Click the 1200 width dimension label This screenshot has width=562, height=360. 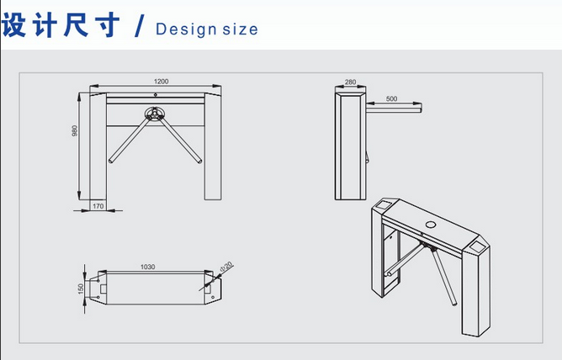[x=161, y=82]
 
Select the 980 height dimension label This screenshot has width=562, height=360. [x=75, y=130]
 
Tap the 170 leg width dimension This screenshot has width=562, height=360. [x=98, y=206]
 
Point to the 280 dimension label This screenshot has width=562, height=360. [x=350, y=82]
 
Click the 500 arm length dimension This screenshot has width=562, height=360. [x=392, y=98]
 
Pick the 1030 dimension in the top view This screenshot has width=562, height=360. [x=148, y=267]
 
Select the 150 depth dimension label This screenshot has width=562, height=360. [x=80, y=289]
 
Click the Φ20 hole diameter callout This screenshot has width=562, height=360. [x=226, y=267]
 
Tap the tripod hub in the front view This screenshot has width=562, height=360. [x=155, y=114]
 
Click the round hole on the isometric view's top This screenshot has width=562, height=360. [x=431, y=225]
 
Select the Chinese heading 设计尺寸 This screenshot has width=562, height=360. [x=61, y=25]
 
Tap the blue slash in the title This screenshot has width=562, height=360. [x=140, y=26]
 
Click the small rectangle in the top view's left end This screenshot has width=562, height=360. [x=103, y=289]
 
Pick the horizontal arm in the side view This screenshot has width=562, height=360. [x=394, y=108]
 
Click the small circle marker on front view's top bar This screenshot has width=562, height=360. [x=156, y=94]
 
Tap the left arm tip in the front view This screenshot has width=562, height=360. [x=111, y=161]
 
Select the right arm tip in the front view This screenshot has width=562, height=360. [x=199, y=161]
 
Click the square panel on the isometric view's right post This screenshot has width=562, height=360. [x=476, y=246]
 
